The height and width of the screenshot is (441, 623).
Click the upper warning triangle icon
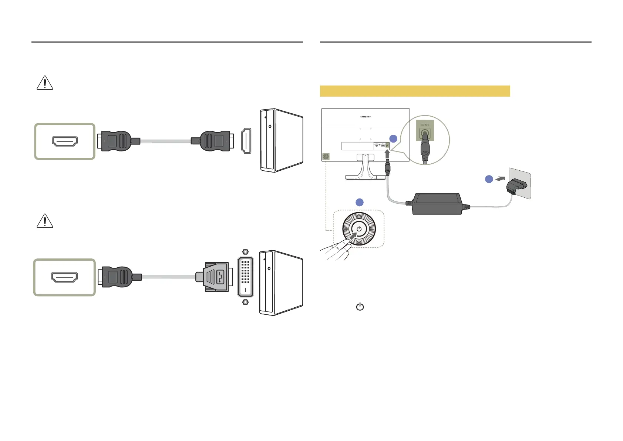point(45,83)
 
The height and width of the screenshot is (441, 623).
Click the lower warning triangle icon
point(45,221)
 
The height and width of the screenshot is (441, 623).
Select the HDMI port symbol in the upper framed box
point(65,141)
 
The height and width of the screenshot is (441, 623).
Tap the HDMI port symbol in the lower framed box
point(64,277)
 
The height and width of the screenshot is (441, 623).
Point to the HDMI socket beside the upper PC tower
point(246,141)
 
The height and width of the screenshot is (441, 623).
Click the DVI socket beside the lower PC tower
point(246,277)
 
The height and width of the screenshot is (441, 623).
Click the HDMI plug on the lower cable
point(118,277)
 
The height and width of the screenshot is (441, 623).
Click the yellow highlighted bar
point(415,91)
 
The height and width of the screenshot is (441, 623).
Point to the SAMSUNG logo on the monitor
point(366,117)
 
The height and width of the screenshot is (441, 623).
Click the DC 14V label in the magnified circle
point(425,125)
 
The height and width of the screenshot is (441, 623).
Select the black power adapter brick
point(437,204)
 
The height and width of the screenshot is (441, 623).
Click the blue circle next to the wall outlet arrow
point(489,179)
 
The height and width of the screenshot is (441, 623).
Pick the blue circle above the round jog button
point(359,202)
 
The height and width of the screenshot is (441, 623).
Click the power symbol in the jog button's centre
point(359,229)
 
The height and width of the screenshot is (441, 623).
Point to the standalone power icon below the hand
point(360,307)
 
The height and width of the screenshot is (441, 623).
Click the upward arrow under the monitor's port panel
point(387,153)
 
